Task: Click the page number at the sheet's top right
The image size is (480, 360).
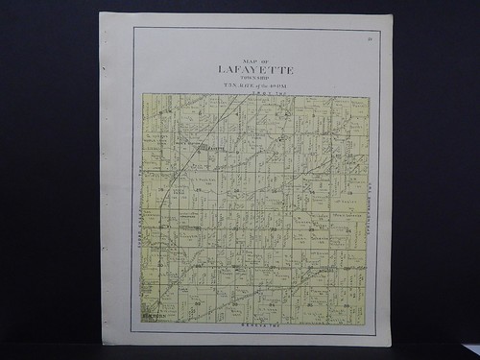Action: (370, 38)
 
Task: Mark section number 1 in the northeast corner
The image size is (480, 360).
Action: (351, 112)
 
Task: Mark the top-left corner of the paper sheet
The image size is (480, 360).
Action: (100, 13)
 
